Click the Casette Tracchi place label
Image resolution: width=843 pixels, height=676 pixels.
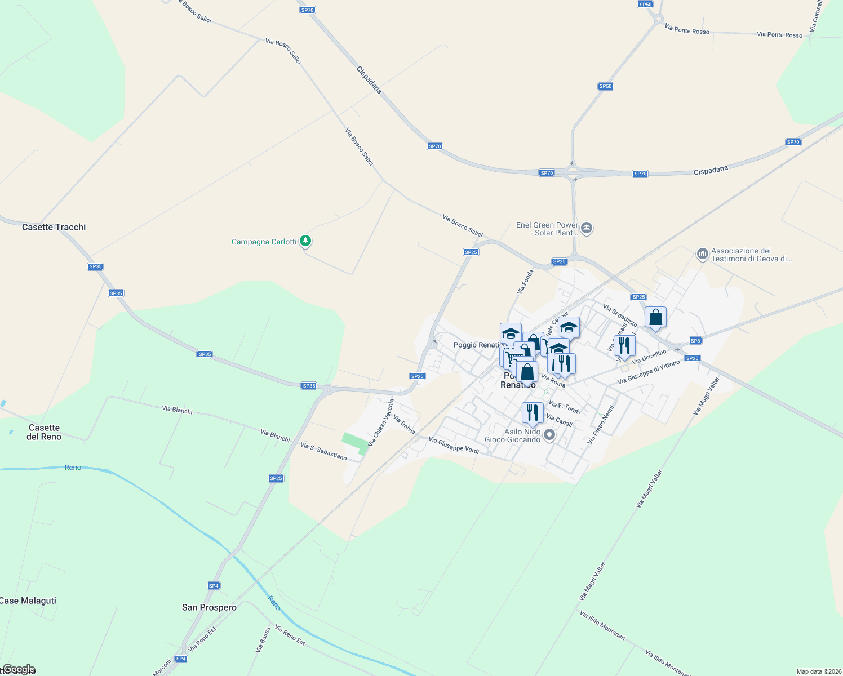tap(54, 227)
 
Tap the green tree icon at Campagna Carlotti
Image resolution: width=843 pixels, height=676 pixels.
tap(305, 241)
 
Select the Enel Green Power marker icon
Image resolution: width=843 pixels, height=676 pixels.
tap(587, 228)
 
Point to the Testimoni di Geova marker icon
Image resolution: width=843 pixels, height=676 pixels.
tap(702, 255)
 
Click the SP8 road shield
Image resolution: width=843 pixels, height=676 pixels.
tap(695, 341)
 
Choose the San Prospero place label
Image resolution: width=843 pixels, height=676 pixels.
tap(209, 607)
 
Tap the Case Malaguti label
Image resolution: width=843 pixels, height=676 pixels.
tap(28, 601)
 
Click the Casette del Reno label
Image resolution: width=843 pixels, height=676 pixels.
tap(44, 432)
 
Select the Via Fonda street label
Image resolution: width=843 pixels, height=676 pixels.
tap(525, 282)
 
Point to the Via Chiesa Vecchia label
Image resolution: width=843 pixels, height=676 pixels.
tap(381, 423)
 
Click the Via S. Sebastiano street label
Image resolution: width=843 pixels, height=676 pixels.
tap(323, 451)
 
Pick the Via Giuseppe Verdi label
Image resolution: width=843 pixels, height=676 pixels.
tap(454, 445)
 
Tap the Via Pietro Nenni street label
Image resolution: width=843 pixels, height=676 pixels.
tap(600, 425)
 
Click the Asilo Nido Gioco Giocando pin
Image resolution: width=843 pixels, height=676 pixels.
tap(549, 435)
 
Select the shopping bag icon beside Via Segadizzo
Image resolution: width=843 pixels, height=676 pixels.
tap(655, 317)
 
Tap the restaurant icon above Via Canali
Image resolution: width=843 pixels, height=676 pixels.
tap(533, 412)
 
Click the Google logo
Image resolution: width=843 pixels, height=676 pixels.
tap(19, 669)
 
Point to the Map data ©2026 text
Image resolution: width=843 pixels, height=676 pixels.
tap(818, 671)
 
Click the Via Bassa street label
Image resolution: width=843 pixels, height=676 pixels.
tap(263, 640)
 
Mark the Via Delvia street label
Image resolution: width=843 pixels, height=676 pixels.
tap(404, 425)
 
